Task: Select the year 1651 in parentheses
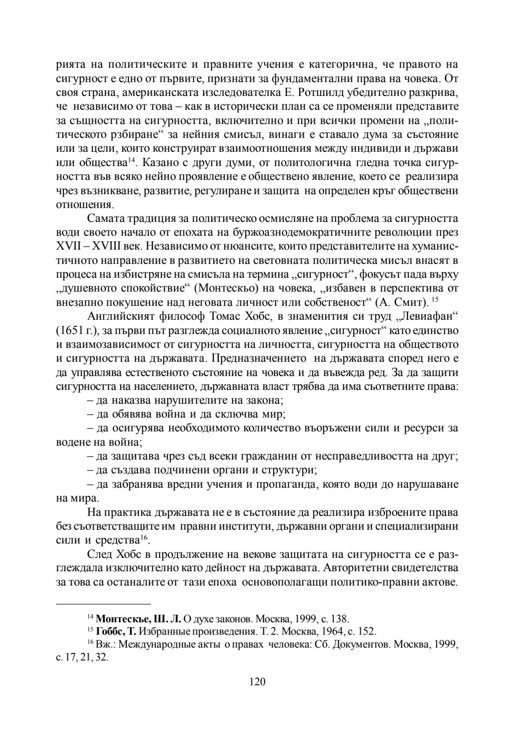(x=70, y=331)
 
